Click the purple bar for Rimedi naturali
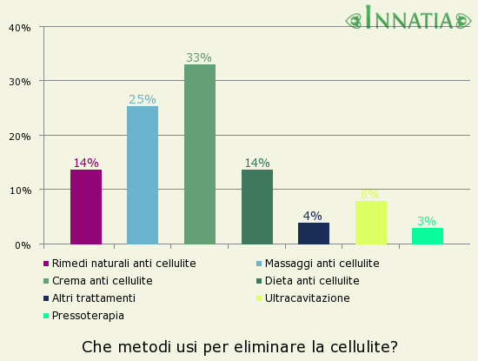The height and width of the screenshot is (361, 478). click(x=86, y=207)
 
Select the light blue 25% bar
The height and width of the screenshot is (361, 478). click(x=143, y=176)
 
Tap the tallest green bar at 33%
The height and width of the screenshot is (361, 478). click(x=200, y=154)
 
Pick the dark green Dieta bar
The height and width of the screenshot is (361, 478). click(x=257, y=207)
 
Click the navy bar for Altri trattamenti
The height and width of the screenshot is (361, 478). click(x=314, y=233)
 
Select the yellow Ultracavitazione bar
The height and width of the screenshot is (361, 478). click(x=370, y=223)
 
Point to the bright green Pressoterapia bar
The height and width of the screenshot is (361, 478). click(x=428, y=236)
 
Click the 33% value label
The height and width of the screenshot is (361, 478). click(x=199, y=57)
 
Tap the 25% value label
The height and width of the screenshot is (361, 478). click(x=143, y=100)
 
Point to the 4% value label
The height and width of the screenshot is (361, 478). click(x=313, y=216)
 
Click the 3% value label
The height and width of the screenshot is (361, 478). click(x=427, y=221)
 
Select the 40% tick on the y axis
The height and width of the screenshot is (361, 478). click(x=20, y=27)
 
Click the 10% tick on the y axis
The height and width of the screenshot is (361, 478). click(x=20, y=191)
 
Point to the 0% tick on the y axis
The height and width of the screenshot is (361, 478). click(x=23, y=244)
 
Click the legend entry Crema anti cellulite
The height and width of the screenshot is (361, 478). click(x=102, y=280)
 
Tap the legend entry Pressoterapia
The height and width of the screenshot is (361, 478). click(x=88, y=315)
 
